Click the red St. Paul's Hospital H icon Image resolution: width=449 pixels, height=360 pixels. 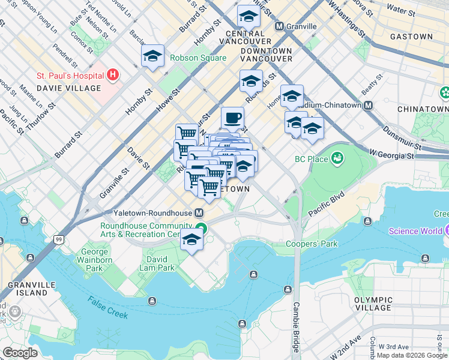pos(112,76)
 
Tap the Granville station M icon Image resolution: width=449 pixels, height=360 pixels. pos(279,26)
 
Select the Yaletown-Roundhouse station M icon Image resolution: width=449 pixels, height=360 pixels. pos(199,213)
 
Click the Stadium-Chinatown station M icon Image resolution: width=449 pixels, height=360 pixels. pos(369,105)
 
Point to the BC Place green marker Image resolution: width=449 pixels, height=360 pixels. pos(338,158)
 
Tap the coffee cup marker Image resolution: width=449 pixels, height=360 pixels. pos(232,118)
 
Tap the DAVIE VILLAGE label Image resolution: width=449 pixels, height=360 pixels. pos(69,88)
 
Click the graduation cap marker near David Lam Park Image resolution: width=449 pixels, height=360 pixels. pos(191,239)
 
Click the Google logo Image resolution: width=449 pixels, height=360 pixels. pos(20,353)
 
